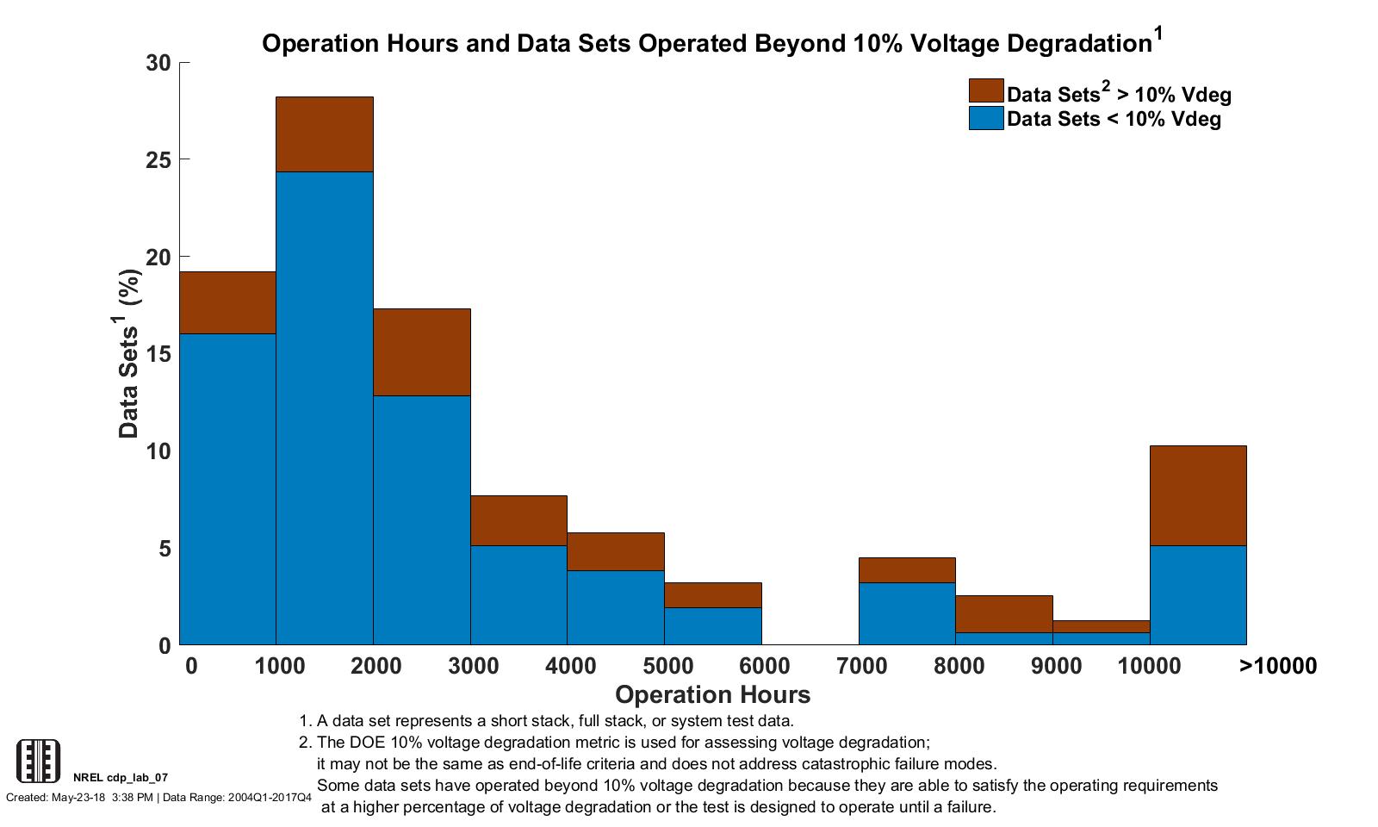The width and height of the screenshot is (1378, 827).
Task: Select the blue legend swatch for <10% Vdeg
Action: pos(985,118)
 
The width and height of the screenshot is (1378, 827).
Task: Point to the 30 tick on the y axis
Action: pos(159,63)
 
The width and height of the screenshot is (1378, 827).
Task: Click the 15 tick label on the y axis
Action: pos(159,354)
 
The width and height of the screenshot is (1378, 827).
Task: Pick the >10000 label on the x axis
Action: pos(1277,666)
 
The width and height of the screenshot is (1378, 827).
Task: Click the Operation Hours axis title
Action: pos(712,694)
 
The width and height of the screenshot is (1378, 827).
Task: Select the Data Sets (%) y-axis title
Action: pos(129,354)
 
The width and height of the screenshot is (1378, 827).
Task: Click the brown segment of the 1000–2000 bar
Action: pos(324,134)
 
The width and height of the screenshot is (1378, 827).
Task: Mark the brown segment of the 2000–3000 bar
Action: pos(421,351)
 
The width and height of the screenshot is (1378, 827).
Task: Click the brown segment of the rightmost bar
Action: pos(1198,495)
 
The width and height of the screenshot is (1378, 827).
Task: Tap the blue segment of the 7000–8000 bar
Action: pos(907,613)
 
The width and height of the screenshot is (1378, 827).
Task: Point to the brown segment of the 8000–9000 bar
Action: pos(1003,613)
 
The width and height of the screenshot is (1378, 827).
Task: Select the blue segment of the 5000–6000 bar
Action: pos(712,625)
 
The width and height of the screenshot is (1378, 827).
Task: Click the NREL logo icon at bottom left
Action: pos(39,761)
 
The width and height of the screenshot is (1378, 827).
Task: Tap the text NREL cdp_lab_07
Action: pos(121,778)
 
